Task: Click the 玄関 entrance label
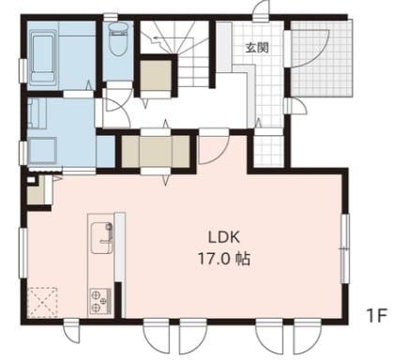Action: click(257, 48)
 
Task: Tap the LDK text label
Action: click(224, 237)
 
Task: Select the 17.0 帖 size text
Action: click(224, 259)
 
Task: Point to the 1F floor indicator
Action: click(377, 316)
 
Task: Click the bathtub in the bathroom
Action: click(43, 58)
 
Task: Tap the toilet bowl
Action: click(118, 38)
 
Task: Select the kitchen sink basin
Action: click(101, 238)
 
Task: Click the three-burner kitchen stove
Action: click(100, 301)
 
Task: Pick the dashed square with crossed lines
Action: click(42, 303)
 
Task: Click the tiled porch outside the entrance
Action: click(322, 59)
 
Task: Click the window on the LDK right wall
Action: click(345, 248)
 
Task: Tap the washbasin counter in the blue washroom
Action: click(38, 113)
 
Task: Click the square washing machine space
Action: click(42, 150)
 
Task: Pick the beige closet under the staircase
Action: click(156, 76)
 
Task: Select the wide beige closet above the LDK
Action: click(156, 151)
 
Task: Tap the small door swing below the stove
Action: click(71, 332)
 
